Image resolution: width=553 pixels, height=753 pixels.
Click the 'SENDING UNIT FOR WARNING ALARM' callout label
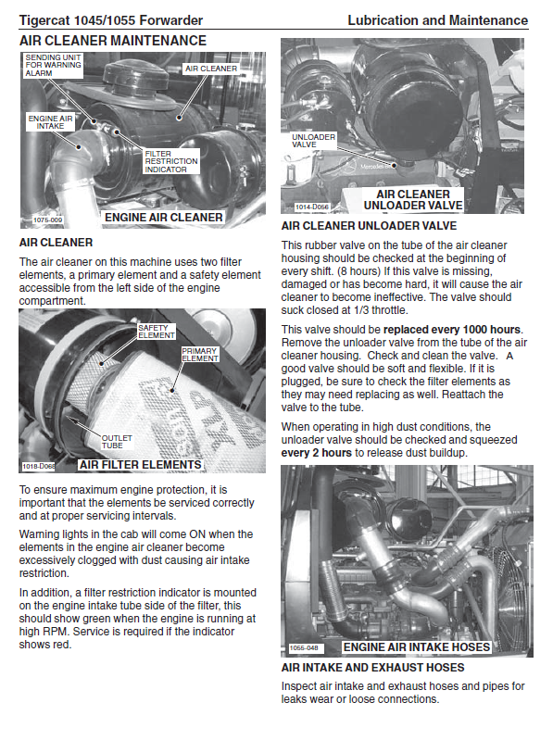[x=53, y=66]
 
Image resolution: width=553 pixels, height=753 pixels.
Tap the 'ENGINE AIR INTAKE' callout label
[x=50, y=122]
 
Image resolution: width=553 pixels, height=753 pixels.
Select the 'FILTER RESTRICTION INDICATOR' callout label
[x=171, y=161]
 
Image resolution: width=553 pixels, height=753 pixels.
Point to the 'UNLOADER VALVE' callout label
[x=313, y=141]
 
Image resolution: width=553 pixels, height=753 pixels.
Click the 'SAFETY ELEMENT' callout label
[x=157, y=332]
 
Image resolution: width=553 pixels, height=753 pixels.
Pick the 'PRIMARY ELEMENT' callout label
[x=200, y=355]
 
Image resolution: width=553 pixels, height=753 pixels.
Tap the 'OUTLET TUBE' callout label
[x=117, y=442]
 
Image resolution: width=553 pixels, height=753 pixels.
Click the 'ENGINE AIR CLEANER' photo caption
[x=164, y=218]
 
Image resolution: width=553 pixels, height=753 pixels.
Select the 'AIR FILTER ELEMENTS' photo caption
[x=140, y=464]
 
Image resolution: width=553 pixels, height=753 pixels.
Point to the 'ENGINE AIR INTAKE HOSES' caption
[x=417, y=647]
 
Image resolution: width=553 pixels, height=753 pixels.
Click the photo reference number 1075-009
[x=47, y=220]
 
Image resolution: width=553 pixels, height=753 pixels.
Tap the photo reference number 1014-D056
[x=312, y=207]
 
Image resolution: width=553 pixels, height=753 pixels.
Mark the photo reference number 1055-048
[x=304, y=647]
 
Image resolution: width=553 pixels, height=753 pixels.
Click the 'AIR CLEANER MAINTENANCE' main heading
[x=113, y=41]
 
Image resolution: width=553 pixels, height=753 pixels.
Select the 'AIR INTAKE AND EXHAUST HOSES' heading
[x=372, y=668]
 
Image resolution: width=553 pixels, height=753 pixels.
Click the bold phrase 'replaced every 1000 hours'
[x=452, y=330]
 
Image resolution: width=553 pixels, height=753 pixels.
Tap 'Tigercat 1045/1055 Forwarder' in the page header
[x=111, y=20]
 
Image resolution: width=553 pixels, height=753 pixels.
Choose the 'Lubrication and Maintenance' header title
[x=438, y=20]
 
